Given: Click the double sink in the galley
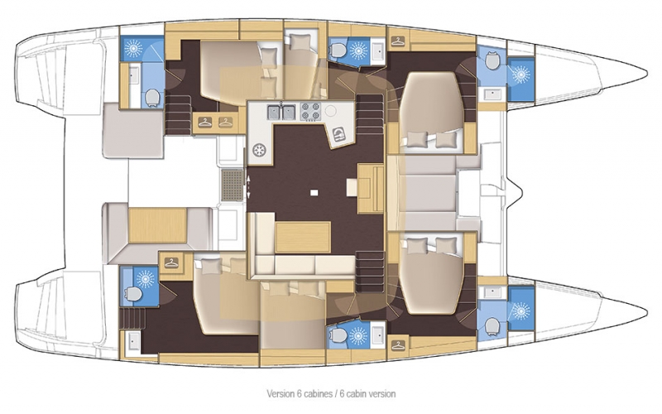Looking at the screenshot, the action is coord(281,113).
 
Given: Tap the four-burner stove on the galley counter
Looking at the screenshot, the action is coord(311,112).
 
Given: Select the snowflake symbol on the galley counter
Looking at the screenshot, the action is coord(258,151).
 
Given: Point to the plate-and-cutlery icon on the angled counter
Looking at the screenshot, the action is coord(339,135).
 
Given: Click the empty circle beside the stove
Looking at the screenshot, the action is coord(330,111).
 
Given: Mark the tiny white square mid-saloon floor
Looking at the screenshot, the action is coord(314,193).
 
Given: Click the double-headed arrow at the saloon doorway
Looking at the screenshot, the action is coord(248,185).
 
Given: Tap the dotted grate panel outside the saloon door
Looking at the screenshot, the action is coord(233,185).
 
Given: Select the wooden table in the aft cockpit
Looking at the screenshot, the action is coord(157,225).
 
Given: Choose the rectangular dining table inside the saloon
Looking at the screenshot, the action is coord(303,237).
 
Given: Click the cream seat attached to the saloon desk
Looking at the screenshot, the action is coord(353,187).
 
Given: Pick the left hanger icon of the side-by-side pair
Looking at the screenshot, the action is coord(204,122).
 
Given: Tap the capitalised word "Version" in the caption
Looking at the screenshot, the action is coord(281,394).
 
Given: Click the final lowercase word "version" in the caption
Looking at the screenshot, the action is coord(382,394).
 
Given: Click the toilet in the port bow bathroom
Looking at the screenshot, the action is coord(492,60).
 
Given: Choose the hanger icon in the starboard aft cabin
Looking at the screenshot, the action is coord(171,262).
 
